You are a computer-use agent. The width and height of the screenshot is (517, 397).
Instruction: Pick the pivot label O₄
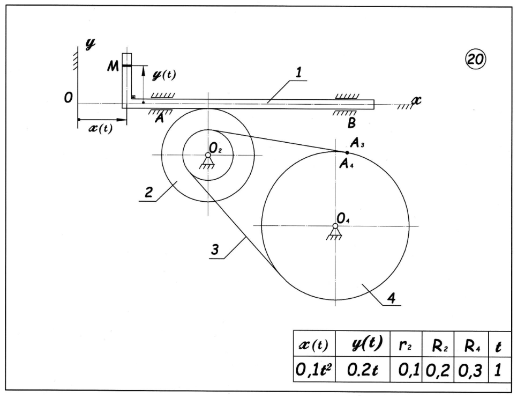coord(343,217)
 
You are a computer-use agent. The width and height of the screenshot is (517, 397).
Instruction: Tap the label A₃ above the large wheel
coord(357,143)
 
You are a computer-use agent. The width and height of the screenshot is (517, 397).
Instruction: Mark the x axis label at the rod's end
coord(416,100)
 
